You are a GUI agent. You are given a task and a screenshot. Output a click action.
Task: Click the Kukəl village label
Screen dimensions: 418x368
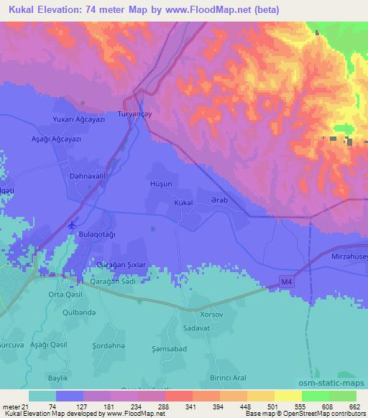[183, 203]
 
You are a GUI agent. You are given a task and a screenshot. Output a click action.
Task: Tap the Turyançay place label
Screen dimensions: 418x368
[134, 113]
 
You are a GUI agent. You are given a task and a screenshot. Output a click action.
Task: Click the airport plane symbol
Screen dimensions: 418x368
[72, 225]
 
